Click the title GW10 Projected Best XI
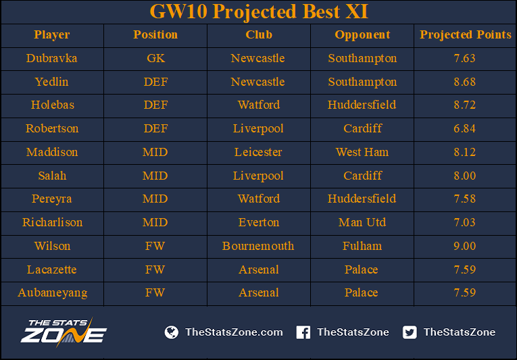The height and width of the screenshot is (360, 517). pyautogui.click(x=259, y=12)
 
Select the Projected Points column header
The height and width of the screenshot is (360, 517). pyautogui.click(x=465, y=35)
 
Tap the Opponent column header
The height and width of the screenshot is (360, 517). pyautogui.click(x=362, y=35)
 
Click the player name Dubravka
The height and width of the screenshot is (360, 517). pyautogui.click(x=52, y=58)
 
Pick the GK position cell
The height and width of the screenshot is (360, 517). pyautogui.click(x=155, y=58)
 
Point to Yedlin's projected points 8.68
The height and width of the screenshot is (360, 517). pyautogui.click(x=464, y=82)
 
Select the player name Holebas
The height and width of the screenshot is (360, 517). pyautogui.click(x=53, y=105)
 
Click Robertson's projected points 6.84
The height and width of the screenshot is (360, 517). pyautogui.click(x=464, y=128)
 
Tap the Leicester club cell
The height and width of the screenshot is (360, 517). pyautogui.click(x=258, y=152)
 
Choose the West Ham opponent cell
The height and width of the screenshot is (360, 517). pyautogui.click(x=362, y=152)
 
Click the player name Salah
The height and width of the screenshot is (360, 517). pyautogui.click(x=52, y=176)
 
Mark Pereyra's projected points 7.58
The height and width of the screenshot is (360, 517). pyautogui.click(x=464, y=199)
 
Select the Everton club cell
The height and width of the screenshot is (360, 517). pyautogui.click(x=259, y=222)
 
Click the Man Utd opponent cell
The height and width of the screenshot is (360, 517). pyautogui.click(x=362, y=222)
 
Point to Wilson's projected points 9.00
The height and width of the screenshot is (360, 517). pyautogui.click(x=464, y=246)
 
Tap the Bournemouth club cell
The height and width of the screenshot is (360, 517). pyautogui.click(x=258, y=246)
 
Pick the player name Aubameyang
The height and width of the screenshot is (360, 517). pyautogui.click(x=53, y=293)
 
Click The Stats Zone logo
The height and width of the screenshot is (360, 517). pyautogui.click(x=64, y=332)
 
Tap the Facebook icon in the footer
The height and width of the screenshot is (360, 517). pyautogui.click(x=303, y=332)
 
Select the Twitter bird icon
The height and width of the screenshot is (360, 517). pyautogui.click(x=410, y=332)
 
